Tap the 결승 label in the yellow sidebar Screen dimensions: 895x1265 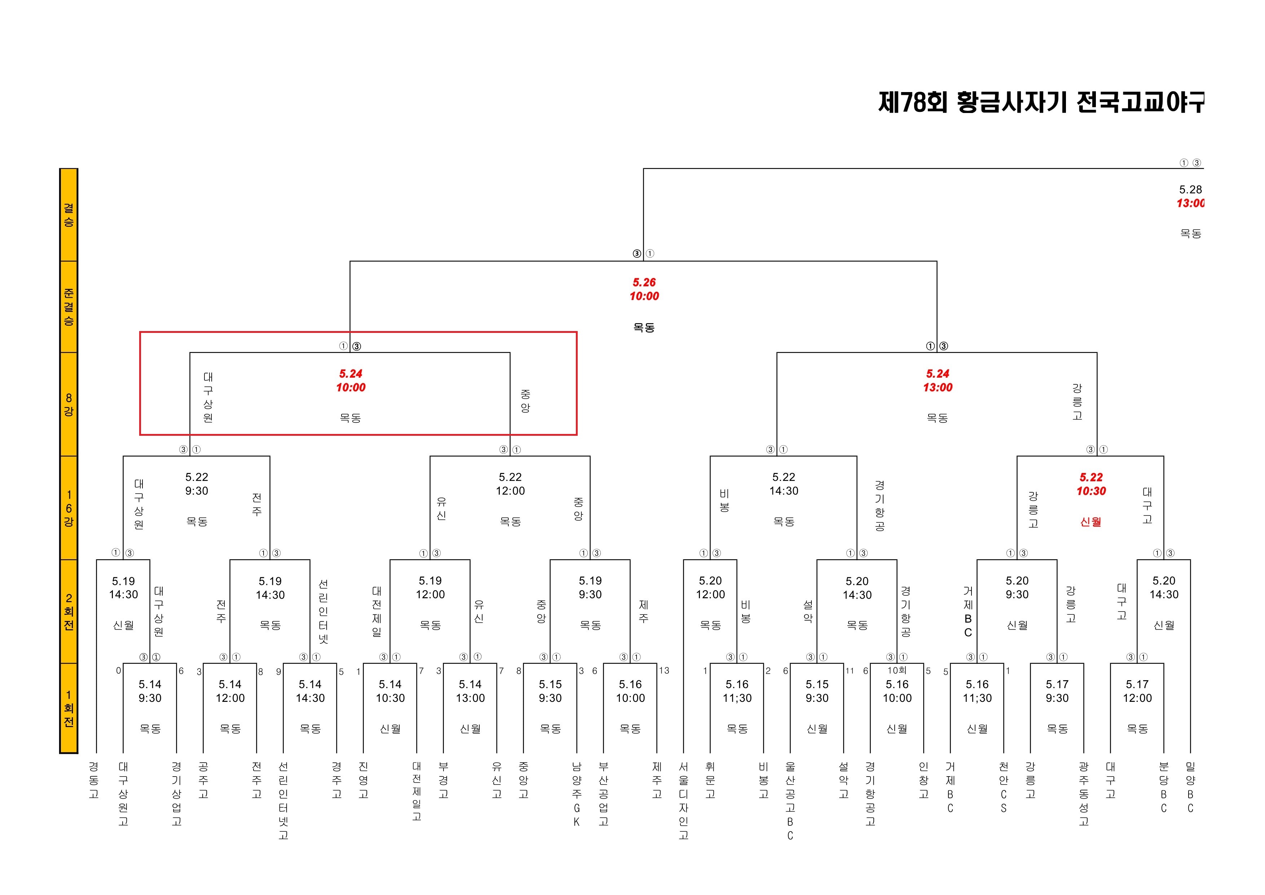pyautogui.click(x=68, y=215)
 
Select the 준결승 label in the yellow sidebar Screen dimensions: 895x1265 pyautogui.click(x=68, y=307)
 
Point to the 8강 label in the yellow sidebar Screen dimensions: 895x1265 pyautogui.click(x=68, y=404)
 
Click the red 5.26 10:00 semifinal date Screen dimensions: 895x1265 pyautogui.click(x=644, y=289)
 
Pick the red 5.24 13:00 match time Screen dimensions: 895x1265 pyautogui.click(x=937, y=381)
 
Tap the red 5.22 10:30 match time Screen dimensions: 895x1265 pyautogui.click(x=1091, y=484)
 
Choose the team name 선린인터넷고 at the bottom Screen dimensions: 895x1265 pyautogui.click(x=283, y=801)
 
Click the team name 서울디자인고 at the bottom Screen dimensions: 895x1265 pyautogui.click(x=683, y=801)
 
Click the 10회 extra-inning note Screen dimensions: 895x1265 pyautogui.click(x=896, y=670)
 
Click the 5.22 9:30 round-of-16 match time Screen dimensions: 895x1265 pyautogui.click(x=197, y=484)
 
